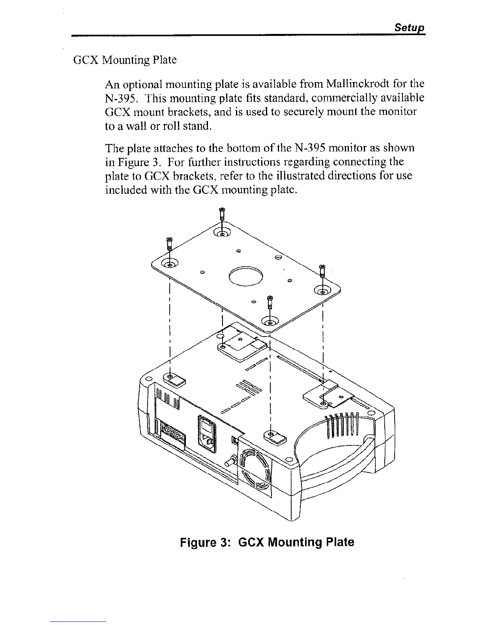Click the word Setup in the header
coord(410,28)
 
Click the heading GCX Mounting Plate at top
coord(125,60)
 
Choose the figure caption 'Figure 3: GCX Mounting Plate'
coord(267,542)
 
